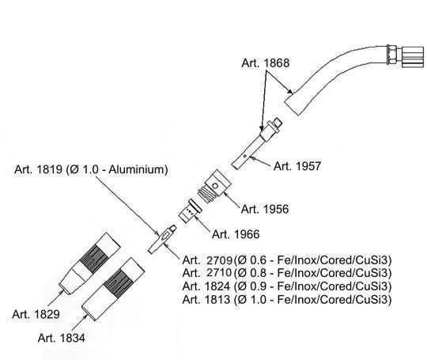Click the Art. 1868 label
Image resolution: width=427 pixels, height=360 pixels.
tap(266, 63)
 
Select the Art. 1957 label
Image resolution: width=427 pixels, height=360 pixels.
tap(297, 166)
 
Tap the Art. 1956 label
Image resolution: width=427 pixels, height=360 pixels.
tap(265, 210)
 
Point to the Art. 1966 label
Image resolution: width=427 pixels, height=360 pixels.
tap(236, 234)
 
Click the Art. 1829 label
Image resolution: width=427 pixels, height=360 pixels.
tap(36, 314)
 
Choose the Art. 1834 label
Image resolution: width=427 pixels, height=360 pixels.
tap(62, 338)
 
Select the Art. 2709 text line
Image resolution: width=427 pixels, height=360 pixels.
tap(287, 260)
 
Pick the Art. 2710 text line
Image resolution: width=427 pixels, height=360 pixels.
tap(287, 273)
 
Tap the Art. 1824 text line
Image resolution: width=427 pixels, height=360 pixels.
tap(287, 286)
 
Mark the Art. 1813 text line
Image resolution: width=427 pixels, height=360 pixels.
tap(287, 300)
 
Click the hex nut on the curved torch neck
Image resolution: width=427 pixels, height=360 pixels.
tap(391, 55)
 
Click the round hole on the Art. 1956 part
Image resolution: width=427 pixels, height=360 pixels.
tap(215, 186)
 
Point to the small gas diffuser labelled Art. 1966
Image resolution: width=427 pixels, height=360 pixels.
tap(190, 211)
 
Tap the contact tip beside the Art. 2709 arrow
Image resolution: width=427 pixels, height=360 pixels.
tap(162, 239)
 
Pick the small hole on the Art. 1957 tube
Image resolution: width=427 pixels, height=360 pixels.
tap(244, 156)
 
